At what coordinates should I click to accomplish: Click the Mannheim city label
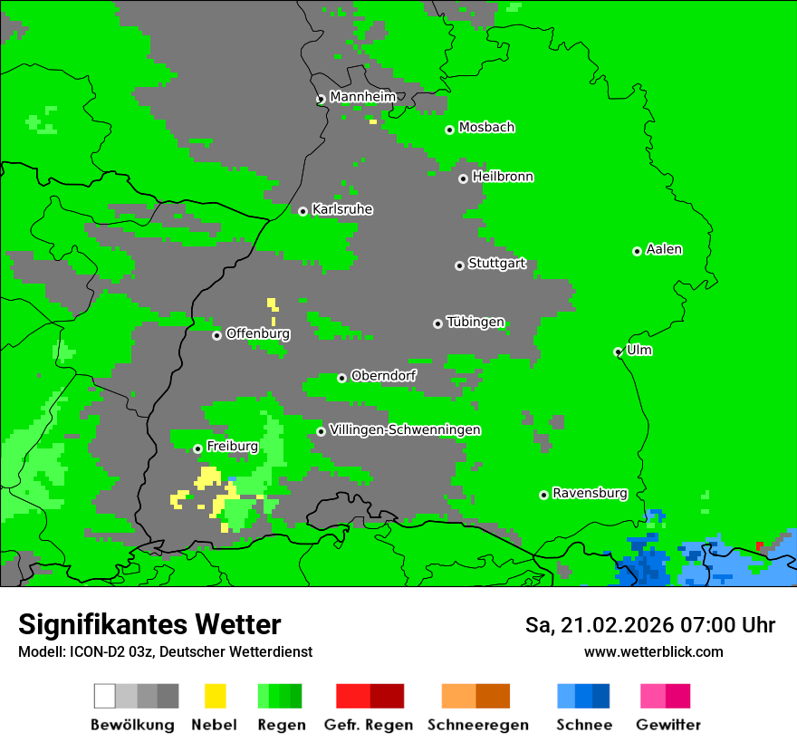pos(362,97)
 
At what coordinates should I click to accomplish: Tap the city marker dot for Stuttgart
pos(459,265)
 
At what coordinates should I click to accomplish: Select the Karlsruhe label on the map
pos(342,209)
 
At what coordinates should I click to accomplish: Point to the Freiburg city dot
pos(197,448)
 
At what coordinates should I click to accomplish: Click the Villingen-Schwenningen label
pos(405,429)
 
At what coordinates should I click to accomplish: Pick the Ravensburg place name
pos(590,494)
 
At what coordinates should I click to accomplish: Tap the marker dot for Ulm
pos(618,352)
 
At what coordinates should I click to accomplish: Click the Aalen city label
pos(664,249)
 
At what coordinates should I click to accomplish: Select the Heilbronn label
pos(503,177)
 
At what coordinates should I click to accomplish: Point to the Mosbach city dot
pos(449,130)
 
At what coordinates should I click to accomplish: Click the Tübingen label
pos(475,322)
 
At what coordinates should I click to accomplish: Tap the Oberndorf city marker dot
pos(341,378)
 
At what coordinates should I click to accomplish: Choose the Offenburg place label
pos(258,333)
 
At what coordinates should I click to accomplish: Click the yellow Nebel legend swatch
pos(215,696)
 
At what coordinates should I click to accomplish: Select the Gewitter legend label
pos(668,725)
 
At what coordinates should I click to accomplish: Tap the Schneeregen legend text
pos(478,725)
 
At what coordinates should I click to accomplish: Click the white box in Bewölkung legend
pos(104,696)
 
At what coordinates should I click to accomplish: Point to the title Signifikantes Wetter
pos(149,625)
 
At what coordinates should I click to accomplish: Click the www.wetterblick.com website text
pos(653,651)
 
